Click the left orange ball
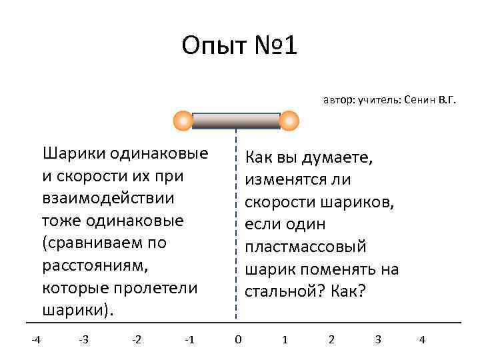pos(183,121)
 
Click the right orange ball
pos(289,121)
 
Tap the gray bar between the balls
pos(236,121)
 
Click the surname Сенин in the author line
pos(419,101)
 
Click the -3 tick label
pos(83,339)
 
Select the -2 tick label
pos(136,339)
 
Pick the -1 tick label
pos(189,339)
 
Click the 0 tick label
pos(238,339)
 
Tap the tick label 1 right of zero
pos(285,339)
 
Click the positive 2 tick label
pos(331,339)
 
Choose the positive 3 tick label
pos(378,339)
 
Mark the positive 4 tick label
pos(422,339)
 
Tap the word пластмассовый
pos(305,247)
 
